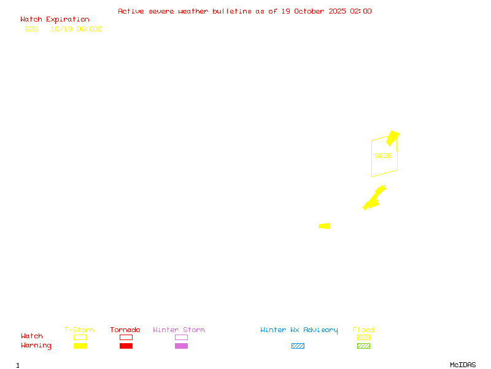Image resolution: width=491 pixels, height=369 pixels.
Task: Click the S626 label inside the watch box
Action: [383, 156]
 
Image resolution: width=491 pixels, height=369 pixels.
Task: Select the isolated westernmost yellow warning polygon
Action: [325, 226]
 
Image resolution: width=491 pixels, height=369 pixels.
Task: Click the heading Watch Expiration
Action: [55, 19]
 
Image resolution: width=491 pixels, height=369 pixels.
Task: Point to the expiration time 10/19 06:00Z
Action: [76, 29]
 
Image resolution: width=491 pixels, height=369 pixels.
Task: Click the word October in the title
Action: [312, 11]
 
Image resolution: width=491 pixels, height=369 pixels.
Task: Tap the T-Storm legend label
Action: [79, 330]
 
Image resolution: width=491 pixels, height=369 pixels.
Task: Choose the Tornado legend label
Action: [125, 330]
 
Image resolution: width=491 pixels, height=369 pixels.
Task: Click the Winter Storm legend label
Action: [179, 330]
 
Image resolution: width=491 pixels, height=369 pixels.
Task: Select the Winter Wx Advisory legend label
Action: [299, 330]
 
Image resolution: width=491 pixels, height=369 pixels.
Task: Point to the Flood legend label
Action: [363, 330]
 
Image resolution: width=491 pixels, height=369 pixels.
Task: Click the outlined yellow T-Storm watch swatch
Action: [80, 337]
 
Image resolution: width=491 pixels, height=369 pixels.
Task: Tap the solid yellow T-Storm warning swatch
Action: [80, 346]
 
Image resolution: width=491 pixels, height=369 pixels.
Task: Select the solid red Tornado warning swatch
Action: [126, 346]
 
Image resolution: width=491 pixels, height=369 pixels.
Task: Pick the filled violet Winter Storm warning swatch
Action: [181, 346]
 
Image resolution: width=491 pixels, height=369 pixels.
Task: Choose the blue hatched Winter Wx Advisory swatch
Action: [298, 346]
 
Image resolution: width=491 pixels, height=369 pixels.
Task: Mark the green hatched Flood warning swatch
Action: [363, 346]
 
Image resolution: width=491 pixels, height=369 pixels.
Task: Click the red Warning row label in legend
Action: [36, 346]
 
